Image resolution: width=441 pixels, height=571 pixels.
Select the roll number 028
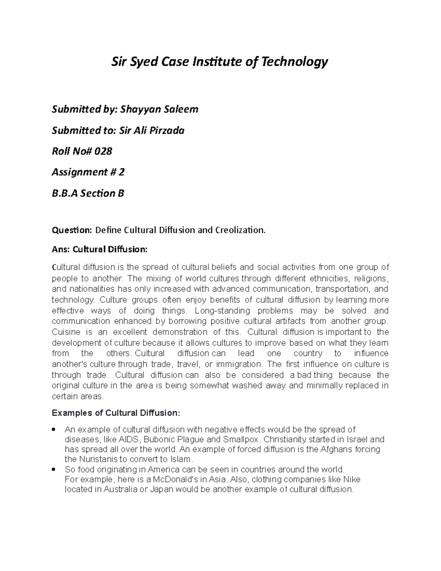tap(103, 151)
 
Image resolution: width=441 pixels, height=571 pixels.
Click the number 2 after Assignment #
tap(122, 172)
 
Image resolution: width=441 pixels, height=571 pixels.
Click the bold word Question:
tap(72, 231)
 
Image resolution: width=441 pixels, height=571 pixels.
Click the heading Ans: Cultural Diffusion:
tap(100, 250)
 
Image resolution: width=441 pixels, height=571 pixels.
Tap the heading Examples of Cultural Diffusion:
tap(116, 413)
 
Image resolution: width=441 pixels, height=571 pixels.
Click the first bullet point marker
tap(54, 429)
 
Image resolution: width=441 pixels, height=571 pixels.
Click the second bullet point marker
tap(54, 470)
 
